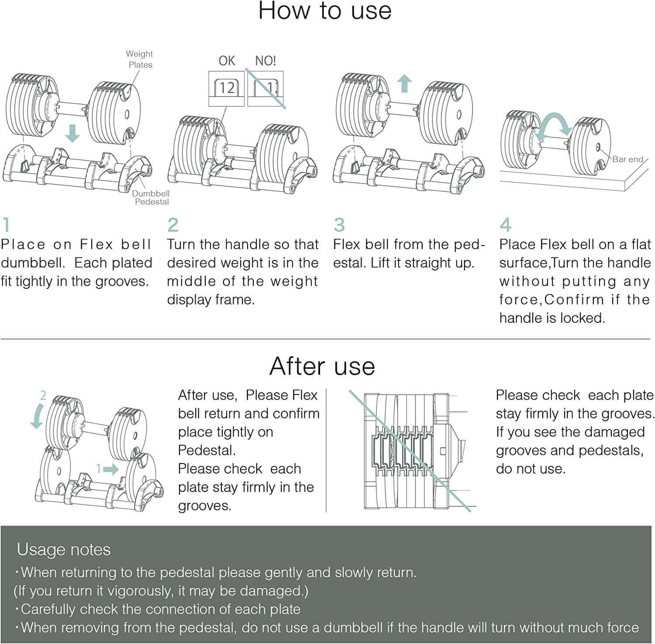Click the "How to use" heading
pyautogui.click(x=325, y=10)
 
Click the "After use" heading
pyautogui.click(x=322, y=366)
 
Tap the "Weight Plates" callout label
pyautogui.click(x=140, y=59)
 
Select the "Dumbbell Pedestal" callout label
pyautogui.click(x=151, y=197)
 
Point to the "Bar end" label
pyautogui.click(x=628, y=159)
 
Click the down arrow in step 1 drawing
pyautogui.click(x=72, y=133)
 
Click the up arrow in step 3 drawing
pyautogui.click(x=405, y=83)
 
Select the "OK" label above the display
pyautogui.click(x=227, y=61)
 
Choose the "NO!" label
pyautogui.click(x=265, y=61)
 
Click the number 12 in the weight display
pyautogui.click(x=227, y=88)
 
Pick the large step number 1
pyautogui.click(x=6, y=225)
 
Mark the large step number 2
pyautogui.click(x=173, y=225)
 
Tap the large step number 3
pyautogui.click(x=339, y=225)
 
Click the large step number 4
pyautogui.click(x=506, y=225)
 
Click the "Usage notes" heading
pyautogui.click(x=64, y=550)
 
